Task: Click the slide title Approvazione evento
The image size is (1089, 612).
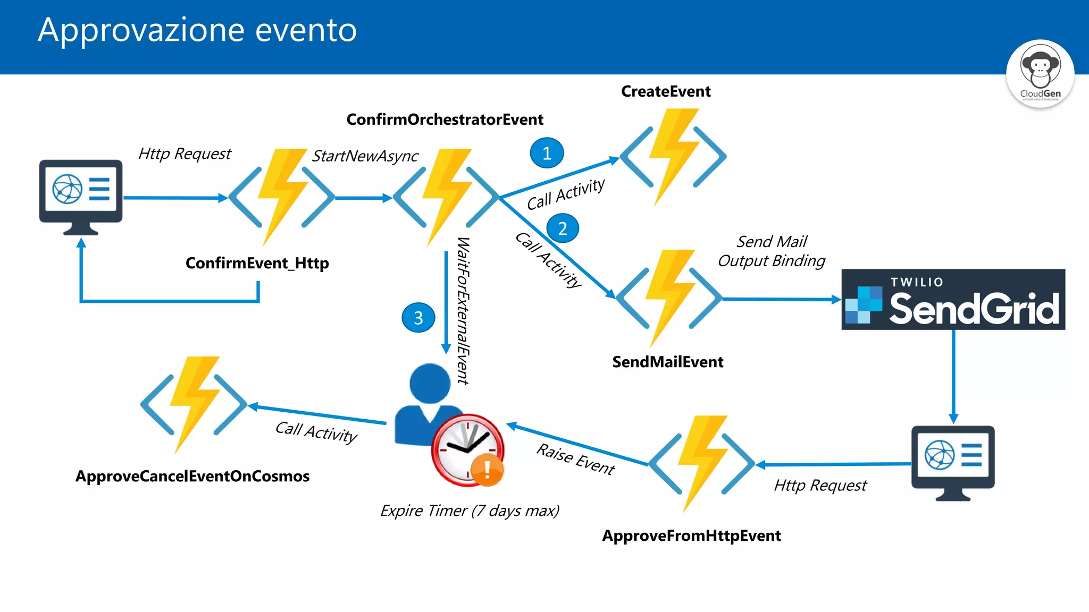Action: click(197, 30)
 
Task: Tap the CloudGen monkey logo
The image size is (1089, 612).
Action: click(1040, 74)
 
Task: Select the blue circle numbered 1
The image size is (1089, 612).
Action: click(547, 153)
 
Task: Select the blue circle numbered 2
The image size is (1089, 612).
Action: click(562, 228)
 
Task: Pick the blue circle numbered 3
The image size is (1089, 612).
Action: click(418, 318)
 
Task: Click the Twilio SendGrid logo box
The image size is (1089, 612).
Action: click(953, 300)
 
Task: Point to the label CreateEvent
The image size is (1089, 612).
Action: click(665, 91)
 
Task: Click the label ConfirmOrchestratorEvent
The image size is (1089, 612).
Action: click(445, 120)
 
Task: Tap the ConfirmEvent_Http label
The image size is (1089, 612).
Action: click(257, 263)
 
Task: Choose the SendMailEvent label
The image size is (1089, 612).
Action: click(667, 362)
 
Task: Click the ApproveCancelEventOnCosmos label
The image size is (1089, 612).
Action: click(192, 476)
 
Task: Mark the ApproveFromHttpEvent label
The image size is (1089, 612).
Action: click(691, 535)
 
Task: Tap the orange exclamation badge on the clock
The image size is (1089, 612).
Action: click(487, 470)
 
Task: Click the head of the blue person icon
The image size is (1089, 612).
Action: click(430, 382)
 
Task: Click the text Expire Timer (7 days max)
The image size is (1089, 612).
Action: click(470, 511)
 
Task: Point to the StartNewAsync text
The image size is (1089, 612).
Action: click(365, 156)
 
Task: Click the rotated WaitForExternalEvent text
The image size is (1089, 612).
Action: click(463, 311)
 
